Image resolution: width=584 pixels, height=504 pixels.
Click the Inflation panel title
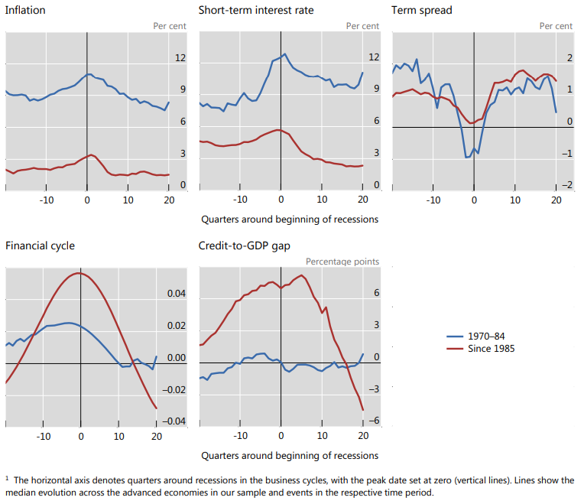click(x=25, y=11)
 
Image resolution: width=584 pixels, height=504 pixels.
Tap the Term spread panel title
click(x=422, y=11)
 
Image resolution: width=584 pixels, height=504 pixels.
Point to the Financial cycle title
click(x=40, y=246)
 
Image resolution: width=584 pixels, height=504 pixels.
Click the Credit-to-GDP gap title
click(x=240, y=246)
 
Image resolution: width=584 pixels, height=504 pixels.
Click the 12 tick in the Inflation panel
click(x=181, y=58)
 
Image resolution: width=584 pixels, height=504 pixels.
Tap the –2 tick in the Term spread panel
click(x=566, y=186)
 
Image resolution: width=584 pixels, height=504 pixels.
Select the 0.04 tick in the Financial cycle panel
click(x=176, y=294)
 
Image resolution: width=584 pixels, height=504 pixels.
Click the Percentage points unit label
click(x=342, y=262)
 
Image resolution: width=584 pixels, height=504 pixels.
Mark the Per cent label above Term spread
click(x=556, y=26)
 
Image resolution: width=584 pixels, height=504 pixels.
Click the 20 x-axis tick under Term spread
click(x=556, y=200)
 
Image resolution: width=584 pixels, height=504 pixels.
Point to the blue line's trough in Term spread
click(x=467, y=158)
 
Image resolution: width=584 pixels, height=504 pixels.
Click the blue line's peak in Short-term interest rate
click(x=284, y=54)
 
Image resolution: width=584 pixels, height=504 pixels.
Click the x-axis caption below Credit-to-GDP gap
click(x=290, y=455)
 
